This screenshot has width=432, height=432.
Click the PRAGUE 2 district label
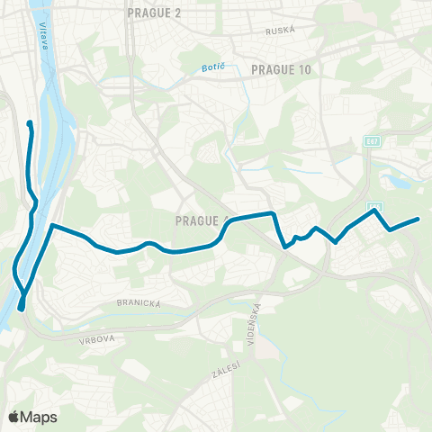[x=155, y=13]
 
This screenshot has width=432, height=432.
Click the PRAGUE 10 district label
[x=281, y=68]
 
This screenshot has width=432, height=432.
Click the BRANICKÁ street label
[x=138, y=304]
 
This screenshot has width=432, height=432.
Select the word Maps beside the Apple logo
[x=40, y=417]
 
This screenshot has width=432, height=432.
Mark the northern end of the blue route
[x=30, y=123]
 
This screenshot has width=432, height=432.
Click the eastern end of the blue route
[x=418, y=219]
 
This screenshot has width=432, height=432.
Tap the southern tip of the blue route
[x=21, y=310]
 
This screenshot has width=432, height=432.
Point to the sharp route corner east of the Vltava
[x=53, y=225]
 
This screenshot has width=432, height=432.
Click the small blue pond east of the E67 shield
[x=400, y=185]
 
